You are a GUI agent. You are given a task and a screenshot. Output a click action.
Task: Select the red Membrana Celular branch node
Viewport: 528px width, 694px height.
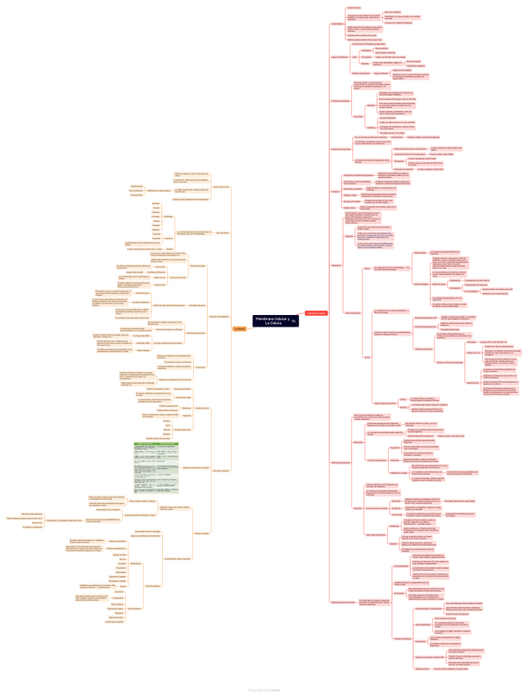click(x=316, y=313)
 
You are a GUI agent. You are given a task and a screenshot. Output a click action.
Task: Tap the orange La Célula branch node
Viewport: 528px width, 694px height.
click(x=240, y=328)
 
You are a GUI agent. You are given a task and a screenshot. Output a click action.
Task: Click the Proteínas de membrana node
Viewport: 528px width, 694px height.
click(x=341, y=101)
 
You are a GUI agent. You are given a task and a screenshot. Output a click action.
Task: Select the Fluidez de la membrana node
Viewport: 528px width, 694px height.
click(x=340, y=148)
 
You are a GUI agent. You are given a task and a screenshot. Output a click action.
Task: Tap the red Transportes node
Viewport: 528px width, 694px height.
click(x=336, y=265)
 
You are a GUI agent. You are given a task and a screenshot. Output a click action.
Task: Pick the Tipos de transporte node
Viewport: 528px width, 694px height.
click(x=353, y=313)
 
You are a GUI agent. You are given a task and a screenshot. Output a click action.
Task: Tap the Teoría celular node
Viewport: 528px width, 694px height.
click(x=221, y=187)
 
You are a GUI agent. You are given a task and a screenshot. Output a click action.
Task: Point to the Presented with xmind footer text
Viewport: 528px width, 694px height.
click(x=264, y=688)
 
